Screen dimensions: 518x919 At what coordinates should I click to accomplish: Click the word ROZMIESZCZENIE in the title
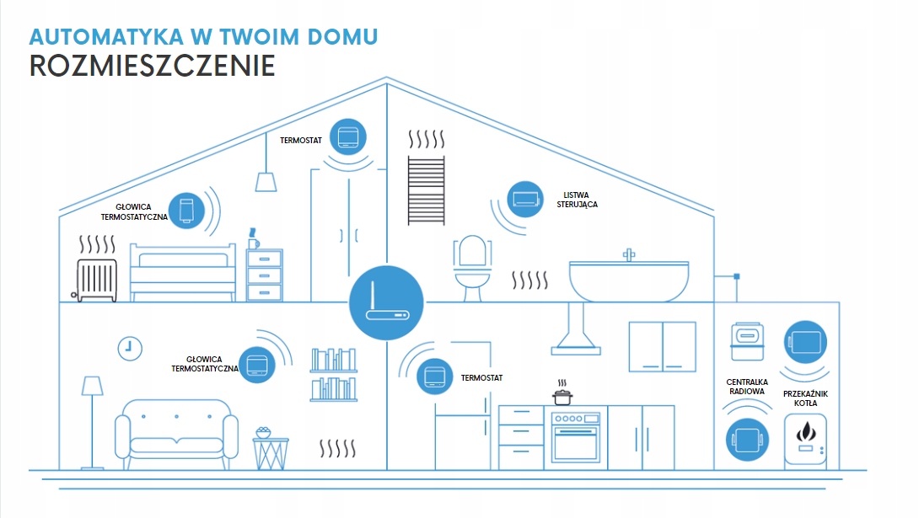[153, 66]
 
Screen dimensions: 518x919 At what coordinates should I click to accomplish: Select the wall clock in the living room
[130, 347]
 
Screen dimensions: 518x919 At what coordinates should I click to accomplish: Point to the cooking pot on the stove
[562, 395]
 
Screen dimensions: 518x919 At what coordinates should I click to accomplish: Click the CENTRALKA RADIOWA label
[746, 387]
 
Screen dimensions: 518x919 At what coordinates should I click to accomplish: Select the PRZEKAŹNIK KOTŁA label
[805, 398]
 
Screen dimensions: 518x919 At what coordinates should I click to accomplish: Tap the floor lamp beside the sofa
[92, 421]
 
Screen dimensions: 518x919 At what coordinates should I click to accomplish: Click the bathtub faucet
[628, 254]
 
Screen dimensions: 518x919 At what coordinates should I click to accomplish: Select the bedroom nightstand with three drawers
[265, 275]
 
